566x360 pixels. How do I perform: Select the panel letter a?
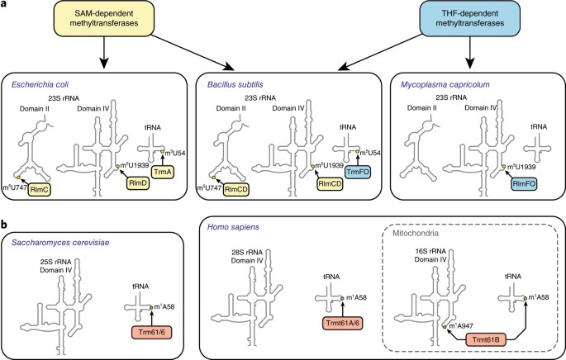click(x=6, y=6)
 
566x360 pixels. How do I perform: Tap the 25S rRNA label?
click(x=78, y=260)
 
